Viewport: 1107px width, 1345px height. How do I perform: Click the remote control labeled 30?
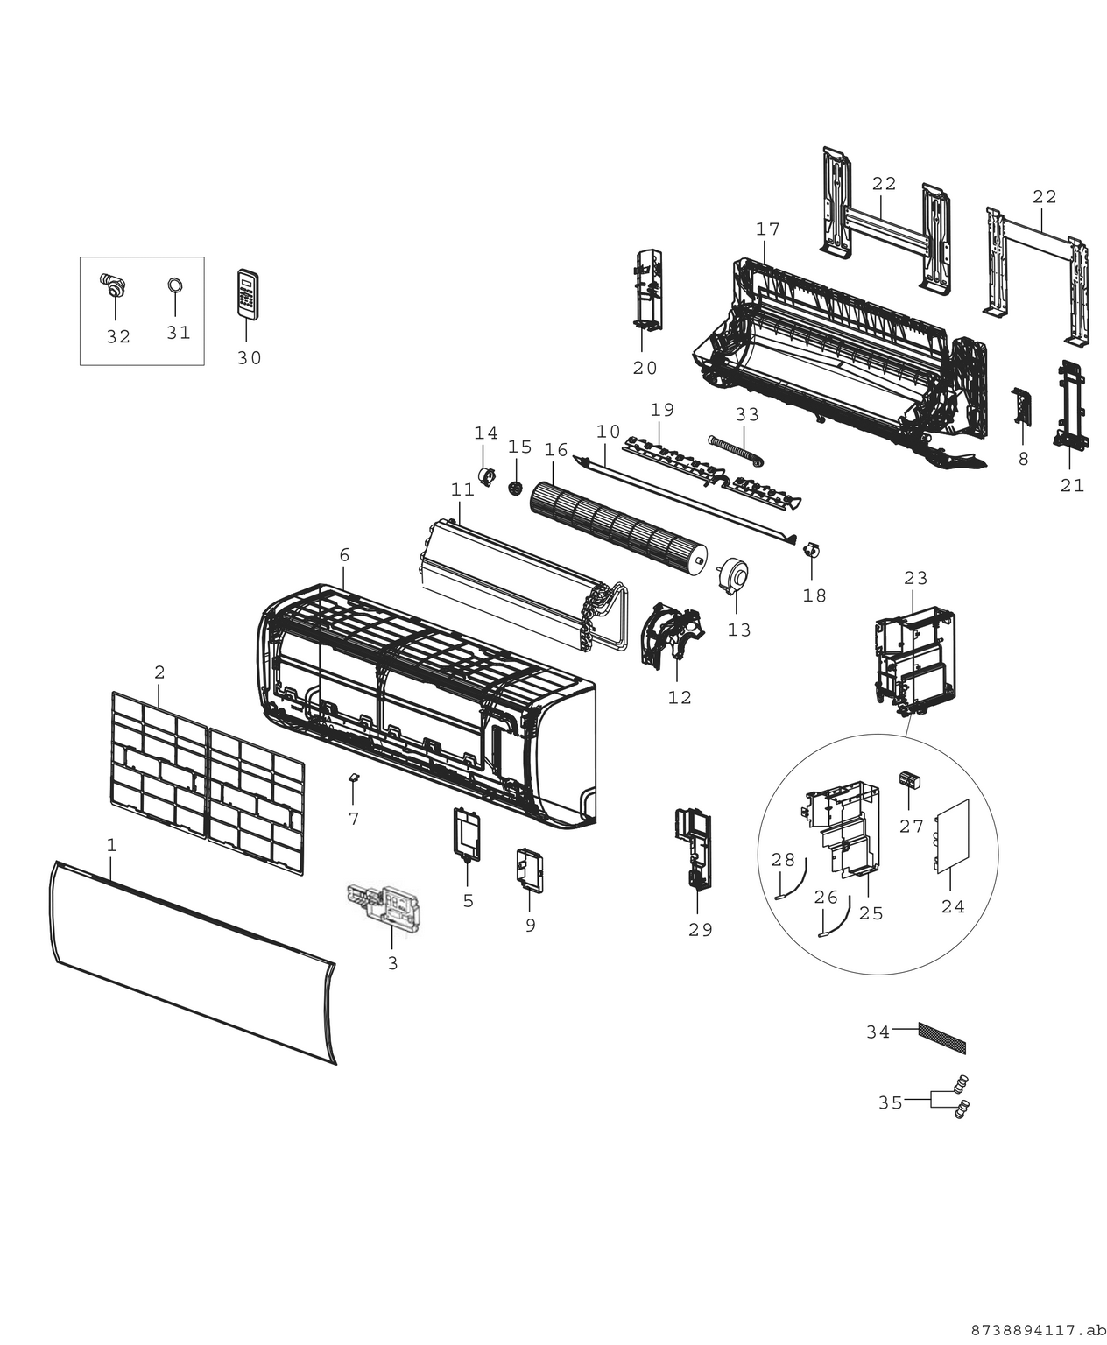pyautogui.click(x=249, y=293)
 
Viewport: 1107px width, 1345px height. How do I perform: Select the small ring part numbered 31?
pyautogui.click(x=174, y=285)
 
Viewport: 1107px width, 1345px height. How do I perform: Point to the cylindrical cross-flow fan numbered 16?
pyautogui.click(x=618, y=531)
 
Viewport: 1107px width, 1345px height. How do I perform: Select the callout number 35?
pyautogui.click(x=890, y=1103)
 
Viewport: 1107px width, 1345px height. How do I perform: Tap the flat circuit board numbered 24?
pyautogui.click(x=953, y=836)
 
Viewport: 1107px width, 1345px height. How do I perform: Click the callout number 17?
pyautogui.click(x=767, y=229)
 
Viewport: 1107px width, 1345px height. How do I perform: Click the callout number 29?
pyautogui.click(x=700, y=930)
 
